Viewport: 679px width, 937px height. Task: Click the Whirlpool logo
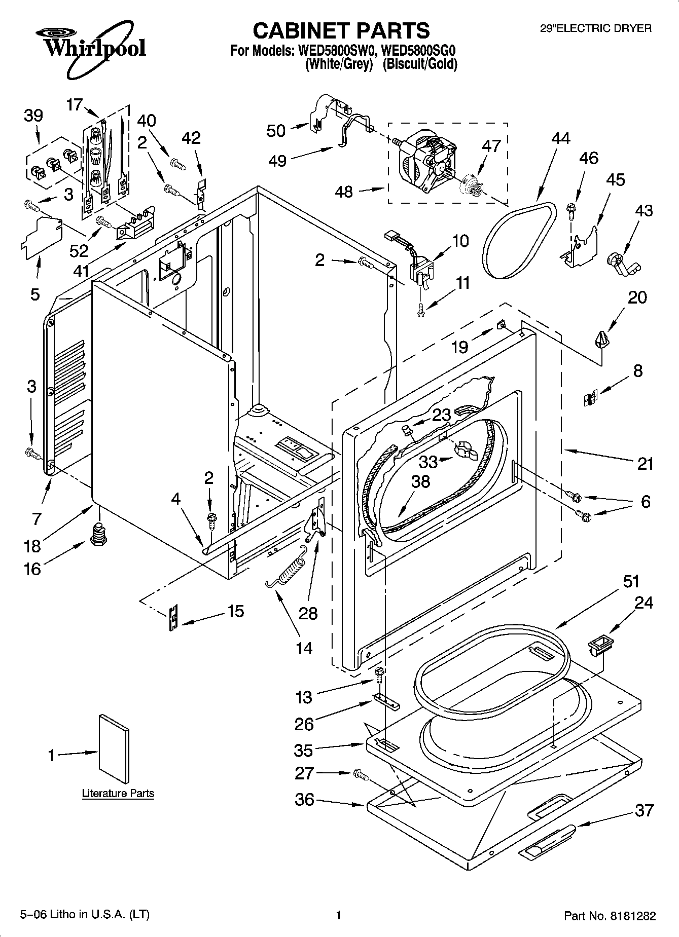point(90,48)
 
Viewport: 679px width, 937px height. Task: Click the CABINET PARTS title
point(341,30)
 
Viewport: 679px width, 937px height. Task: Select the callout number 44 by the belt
point(560,138)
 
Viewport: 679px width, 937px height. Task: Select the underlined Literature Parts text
point(118,794)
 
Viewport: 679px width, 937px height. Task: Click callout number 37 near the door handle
point(645,810)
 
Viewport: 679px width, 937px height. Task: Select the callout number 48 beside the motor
point(344,192)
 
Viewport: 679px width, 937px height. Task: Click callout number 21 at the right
point(645,463)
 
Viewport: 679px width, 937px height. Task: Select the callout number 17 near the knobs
point(74,105)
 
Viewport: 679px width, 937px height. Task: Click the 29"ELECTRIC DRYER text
point(595,29)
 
